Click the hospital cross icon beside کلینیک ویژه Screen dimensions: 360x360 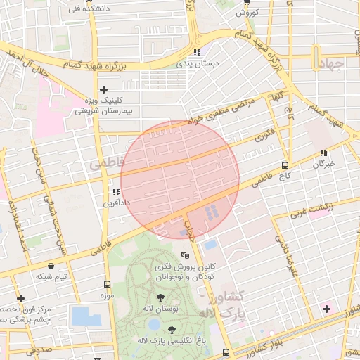click(103, 89)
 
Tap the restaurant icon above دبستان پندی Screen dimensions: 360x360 click(198, 52)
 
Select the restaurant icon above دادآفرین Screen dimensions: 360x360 click(116, 192)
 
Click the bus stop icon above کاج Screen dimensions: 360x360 click(284, 166)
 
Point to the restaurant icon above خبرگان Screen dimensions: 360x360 click(323, 153)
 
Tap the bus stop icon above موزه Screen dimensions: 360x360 click(107, 285)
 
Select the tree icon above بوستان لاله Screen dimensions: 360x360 click(162, 297)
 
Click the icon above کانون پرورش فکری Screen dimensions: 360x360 click(186, 255)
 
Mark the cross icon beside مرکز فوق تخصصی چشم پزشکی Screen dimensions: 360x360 click(21, 299)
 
